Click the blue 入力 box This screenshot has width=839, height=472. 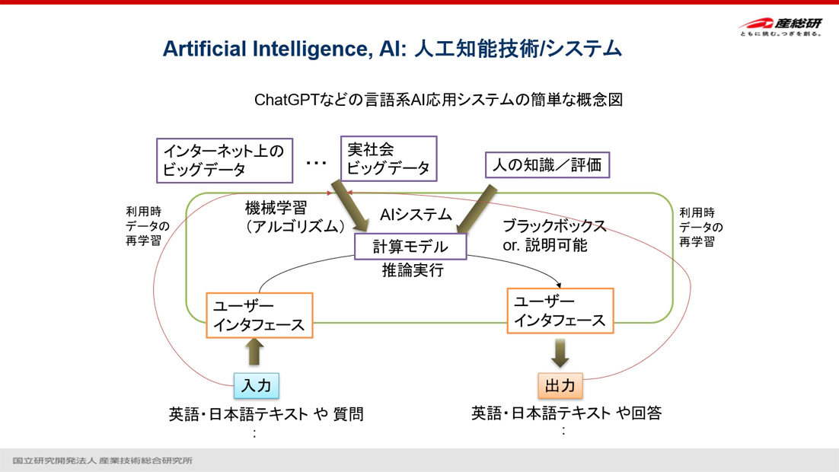click(257, 385)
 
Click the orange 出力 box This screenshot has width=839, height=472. click(560, 385)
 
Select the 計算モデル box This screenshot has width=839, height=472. click(411, 246)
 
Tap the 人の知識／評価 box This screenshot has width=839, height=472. click(547, 164)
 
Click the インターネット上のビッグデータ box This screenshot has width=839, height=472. click(225, 160)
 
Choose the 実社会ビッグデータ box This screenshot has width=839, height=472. click(389, 158)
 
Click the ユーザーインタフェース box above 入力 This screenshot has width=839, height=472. click(260, 315)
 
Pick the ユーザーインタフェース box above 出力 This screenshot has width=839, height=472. click(560, 311)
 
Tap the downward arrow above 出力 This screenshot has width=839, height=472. click(560, 352)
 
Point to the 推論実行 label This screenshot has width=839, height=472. click(413, 270)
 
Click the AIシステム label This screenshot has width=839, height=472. click(416, 215)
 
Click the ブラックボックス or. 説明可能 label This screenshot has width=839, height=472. click(553, 235)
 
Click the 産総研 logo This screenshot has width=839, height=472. click(780, 27)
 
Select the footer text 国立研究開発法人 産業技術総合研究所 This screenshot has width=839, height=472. click(102, 461)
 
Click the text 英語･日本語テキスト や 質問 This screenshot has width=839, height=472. click(266, 414)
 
